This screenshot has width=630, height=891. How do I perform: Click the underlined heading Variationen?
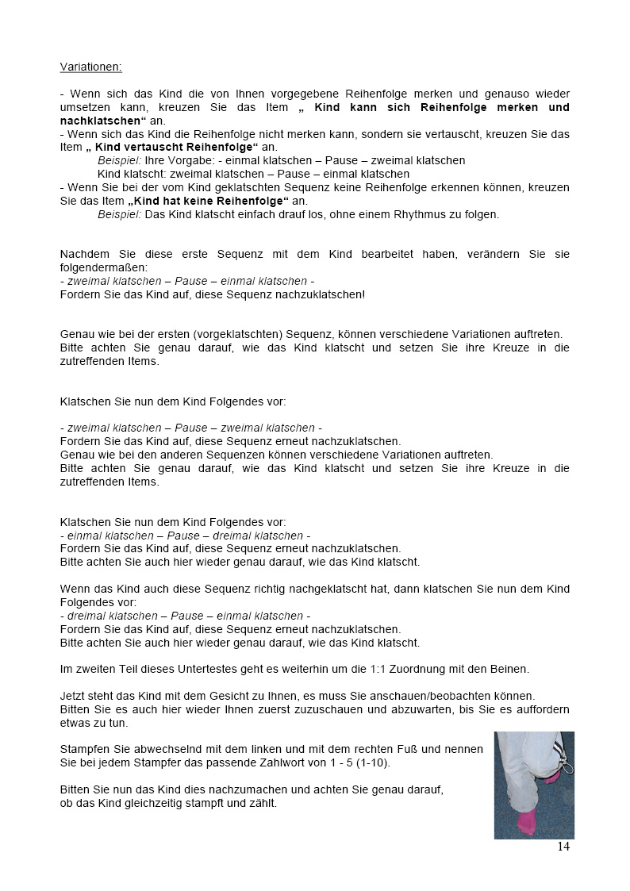tap(90, 67)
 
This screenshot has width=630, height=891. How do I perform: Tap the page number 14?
tap(563, 847)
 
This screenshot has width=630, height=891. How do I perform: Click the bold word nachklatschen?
tap(101, 121)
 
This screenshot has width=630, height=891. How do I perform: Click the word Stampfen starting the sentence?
tap(85, 749)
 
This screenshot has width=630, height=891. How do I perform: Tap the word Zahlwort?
tap(299, 762)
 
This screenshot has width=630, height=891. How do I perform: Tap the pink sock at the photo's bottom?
tap(525, 822)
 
